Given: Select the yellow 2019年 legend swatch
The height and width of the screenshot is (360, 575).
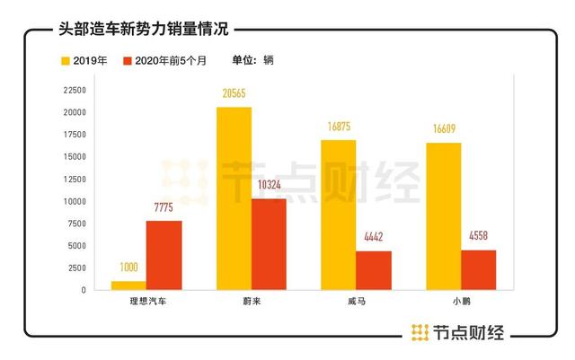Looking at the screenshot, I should coord(66,61).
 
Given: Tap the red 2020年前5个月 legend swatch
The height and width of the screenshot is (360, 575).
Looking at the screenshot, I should coord(128,61).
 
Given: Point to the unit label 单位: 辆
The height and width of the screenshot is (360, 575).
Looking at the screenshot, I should coord(253,61).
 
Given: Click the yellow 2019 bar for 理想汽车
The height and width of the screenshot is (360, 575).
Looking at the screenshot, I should coord(128,285).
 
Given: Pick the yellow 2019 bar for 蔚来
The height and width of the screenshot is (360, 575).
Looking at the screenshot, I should coord(234,198).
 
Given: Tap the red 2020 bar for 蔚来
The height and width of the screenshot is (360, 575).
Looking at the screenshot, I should coord(269,244).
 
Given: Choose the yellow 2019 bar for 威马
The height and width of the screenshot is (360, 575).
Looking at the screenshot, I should coord(339,215).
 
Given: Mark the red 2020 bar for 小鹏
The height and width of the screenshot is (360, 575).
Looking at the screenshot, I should coord(478,269).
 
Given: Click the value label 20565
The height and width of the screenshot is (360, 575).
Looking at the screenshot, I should coord(234,94).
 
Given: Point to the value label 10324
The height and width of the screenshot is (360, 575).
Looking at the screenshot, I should coord(270,186).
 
